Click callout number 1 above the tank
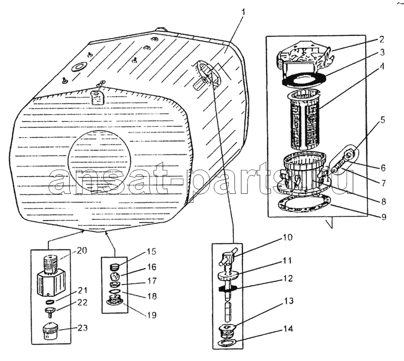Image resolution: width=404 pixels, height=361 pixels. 243,12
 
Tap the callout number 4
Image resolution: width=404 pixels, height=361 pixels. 382,67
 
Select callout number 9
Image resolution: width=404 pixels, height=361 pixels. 384,217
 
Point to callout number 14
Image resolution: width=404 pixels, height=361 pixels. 288,329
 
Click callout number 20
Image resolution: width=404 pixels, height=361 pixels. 82,250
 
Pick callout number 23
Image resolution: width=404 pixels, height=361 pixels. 82,328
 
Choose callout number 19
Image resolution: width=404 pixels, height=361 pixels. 152,315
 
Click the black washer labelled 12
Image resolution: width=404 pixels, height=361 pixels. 228,289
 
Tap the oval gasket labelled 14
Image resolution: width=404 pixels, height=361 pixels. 227,342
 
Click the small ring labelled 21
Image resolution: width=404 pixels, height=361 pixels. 49,301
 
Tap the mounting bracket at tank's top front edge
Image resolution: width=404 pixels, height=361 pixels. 97,97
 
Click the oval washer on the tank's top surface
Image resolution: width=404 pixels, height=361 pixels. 80,66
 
